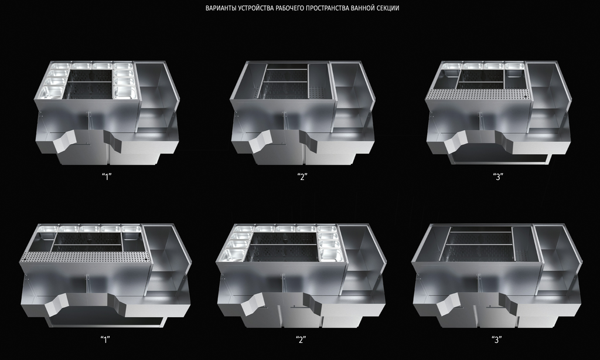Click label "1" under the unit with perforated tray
click(x=105, y=339)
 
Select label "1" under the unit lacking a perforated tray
click(x=107, y=176)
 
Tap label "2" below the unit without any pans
click(x=302, y=176)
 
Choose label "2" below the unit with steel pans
click(x=301, y=339)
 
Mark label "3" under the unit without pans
click(x=497, y=339)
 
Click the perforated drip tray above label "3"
click(x=478, y=94)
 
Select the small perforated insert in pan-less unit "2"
click(x=317, y=92)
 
